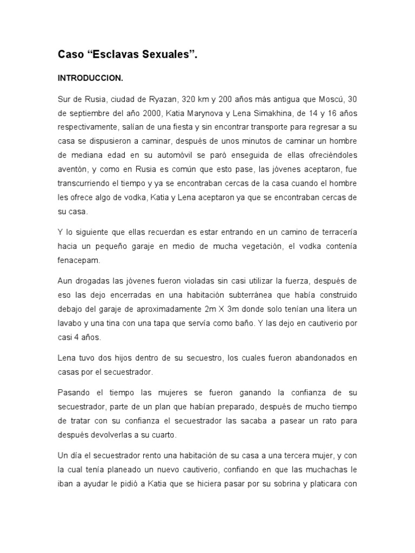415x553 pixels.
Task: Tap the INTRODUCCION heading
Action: (x=90, y=78)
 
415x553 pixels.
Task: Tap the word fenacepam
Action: (x=79, y=260)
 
